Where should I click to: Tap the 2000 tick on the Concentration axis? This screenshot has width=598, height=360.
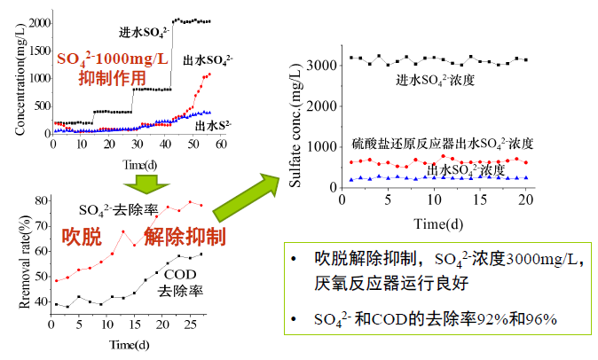39,22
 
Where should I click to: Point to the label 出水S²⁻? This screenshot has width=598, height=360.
214,124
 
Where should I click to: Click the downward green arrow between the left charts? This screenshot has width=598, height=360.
140,183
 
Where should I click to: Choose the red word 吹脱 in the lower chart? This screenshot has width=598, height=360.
81,237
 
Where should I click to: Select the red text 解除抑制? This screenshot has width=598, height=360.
184,237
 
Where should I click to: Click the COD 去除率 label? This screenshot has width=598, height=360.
178,282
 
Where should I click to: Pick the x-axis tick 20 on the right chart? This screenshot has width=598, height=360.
526,199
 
